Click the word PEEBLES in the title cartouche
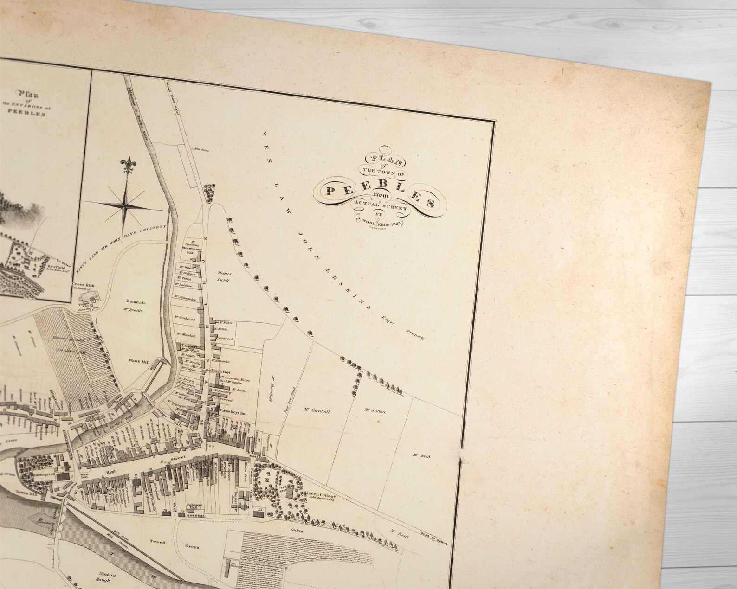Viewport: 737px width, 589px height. [x=381, y=192]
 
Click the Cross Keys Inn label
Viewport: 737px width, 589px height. [x=232, y=411]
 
